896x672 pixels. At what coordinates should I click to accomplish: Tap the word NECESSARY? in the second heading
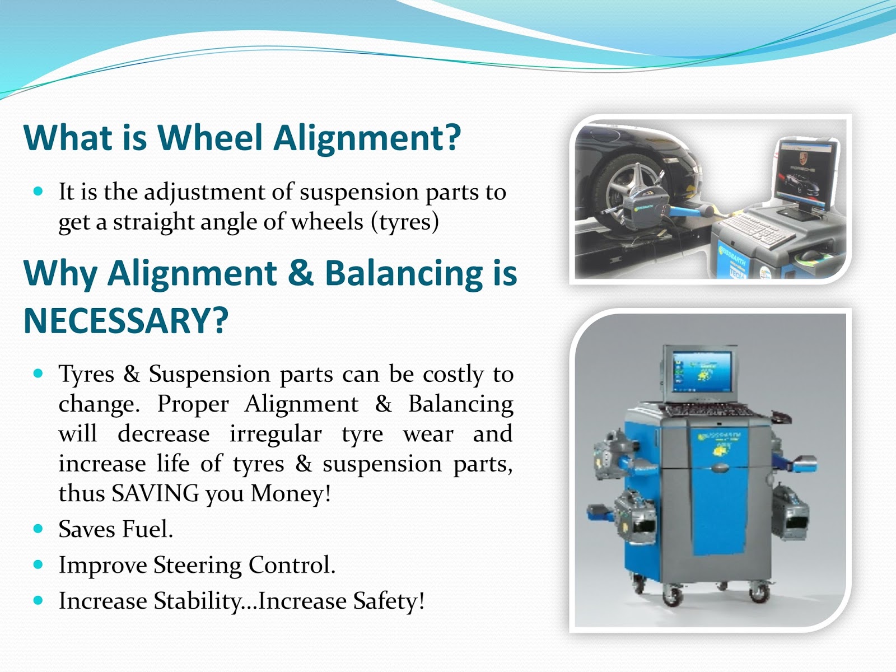point(126,321)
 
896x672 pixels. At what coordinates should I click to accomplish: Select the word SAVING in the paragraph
point(155,494)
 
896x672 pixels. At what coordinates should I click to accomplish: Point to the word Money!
point(291,494)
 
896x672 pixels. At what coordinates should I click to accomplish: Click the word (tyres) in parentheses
point(405,222)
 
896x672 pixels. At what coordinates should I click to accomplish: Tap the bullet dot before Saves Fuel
point(38,529)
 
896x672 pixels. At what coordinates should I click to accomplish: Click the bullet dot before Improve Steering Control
point(38,564)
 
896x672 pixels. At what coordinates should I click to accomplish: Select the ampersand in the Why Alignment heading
point(301,274)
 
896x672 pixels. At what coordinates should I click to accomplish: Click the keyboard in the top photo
point(756,229)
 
